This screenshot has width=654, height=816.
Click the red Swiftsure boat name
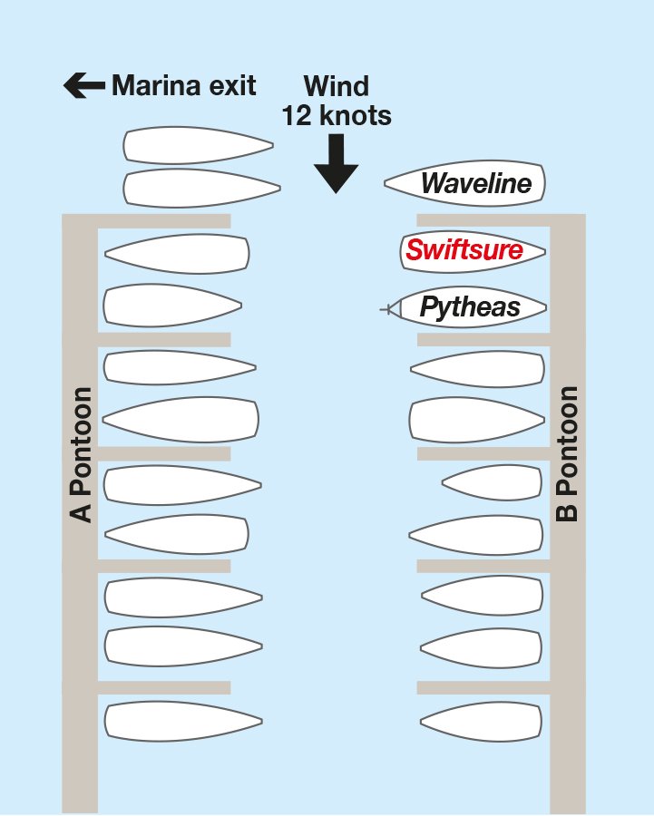pyautogui.click(x=464, y=250)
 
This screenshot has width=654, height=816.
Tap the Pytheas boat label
pyautogui.click(x=470, y=307)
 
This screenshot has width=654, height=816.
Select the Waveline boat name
pyautogui.click(x=476, y=183)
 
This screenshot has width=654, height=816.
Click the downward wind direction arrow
pyautogui.click(x=337, y=163)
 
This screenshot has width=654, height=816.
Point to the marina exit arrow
pyautogui.click(x=84, y=85)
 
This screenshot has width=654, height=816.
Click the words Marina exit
pyautogui.click(x=184, y=85)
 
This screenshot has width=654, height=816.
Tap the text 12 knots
pyautogui.click(x=337, y=115)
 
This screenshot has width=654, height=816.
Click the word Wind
pyautogui.click(x=337, y=86)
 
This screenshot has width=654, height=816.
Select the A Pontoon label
pyautogui.click(x=81, y=454)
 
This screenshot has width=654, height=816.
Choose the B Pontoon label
pyautogui.click(x=567, y=453)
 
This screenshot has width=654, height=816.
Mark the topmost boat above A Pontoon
pyautogui.click(x=199, y=145)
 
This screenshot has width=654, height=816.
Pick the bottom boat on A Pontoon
pyautogui.click(x=183, y=722)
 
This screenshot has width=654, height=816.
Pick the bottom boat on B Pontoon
pyautogui.click(x=481, y=722)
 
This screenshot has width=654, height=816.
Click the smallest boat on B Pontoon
pyautogui.click(x=492, y=483)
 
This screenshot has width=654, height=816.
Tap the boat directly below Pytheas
pyautogui.click(x=477, y=369)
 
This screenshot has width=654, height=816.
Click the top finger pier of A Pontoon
pyautogui.click(x=164, y=220)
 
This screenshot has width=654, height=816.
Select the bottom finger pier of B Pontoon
pyautogui.click(x=483, y=687)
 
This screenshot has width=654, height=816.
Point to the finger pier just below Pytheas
pyautogui.click(x=483, y=339)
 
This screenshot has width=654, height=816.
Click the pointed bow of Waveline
pyautogui.click(x=385, y=182)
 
